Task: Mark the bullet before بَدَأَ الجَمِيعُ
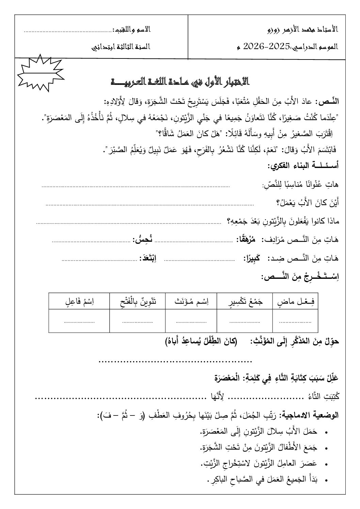coord(327,480)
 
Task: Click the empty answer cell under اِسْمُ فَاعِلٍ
coord(79,320)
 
